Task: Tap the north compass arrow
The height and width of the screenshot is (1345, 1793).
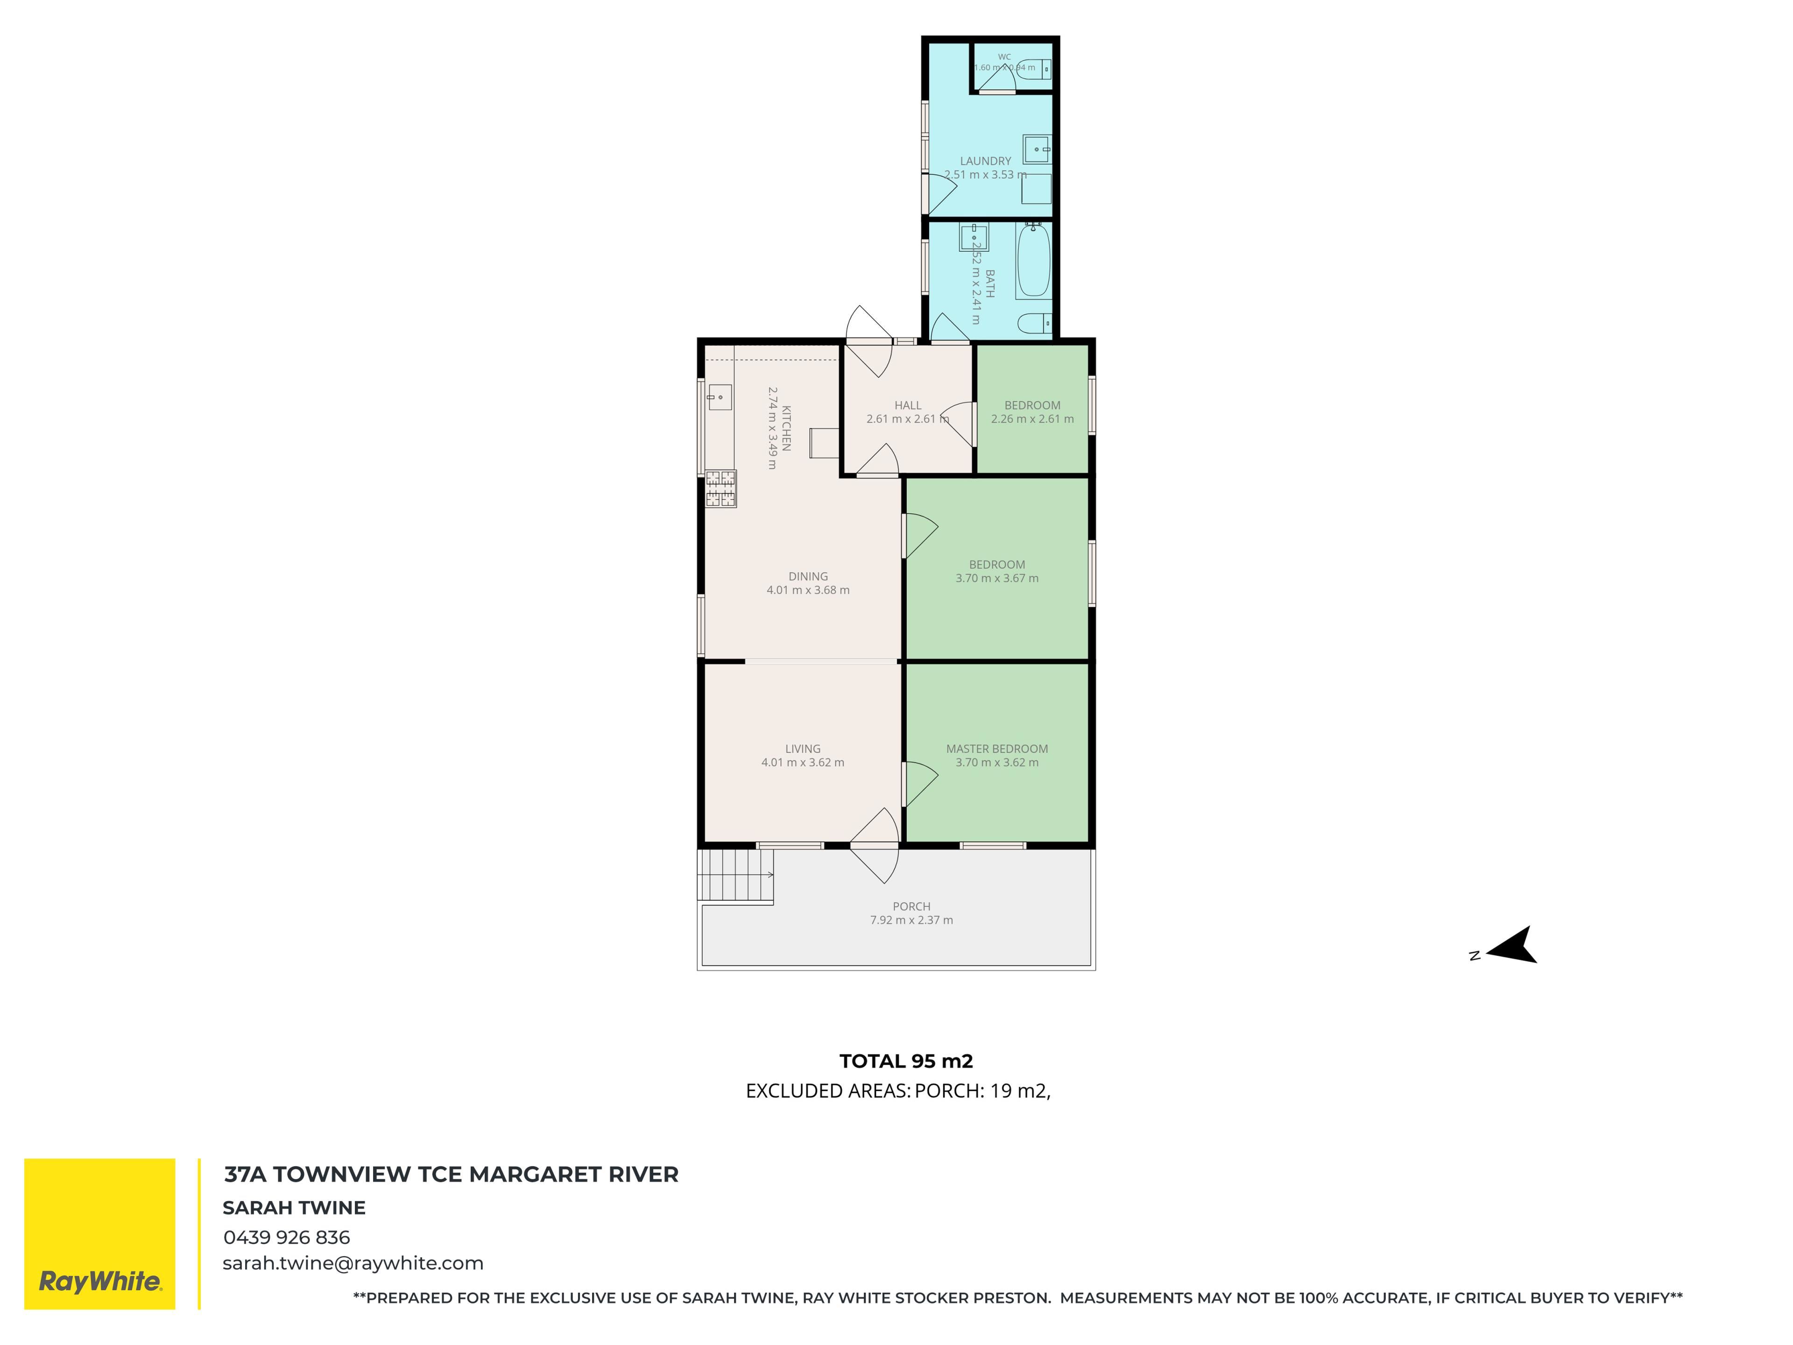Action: (1512, 945)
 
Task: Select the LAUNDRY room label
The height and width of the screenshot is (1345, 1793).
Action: (986, 161)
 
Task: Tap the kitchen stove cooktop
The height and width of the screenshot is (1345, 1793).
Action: (720, 489)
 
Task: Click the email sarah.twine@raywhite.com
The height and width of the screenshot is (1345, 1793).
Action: (353, 1264)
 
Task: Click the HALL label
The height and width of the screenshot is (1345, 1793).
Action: (908, 405)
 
